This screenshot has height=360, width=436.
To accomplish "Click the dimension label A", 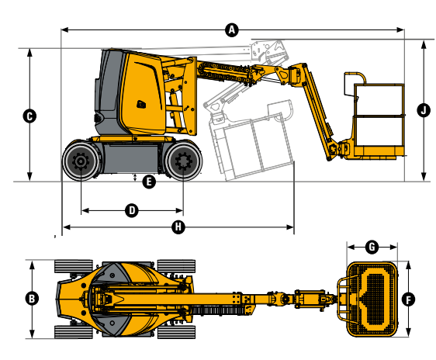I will [x=230, y=29].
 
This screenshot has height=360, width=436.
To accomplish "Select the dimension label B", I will [x=32, y=298].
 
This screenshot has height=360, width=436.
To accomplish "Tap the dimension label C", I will [x=29, y=116].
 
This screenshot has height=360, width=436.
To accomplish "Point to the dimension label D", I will [x=131, y=210].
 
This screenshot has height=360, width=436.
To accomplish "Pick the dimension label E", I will [x=149, y=182].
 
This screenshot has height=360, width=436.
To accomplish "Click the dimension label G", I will [x=372, y=247].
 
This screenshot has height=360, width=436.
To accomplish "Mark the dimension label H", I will [x=178, y=227].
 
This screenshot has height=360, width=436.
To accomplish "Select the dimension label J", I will [x=424, y=109].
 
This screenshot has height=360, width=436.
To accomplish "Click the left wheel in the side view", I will [x=80, y=162].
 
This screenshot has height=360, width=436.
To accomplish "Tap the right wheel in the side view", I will [x=183, y=162].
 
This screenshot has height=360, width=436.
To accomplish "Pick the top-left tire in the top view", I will [x=71, y=265].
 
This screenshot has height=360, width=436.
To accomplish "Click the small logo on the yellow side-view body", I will [x=141, y=105].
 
